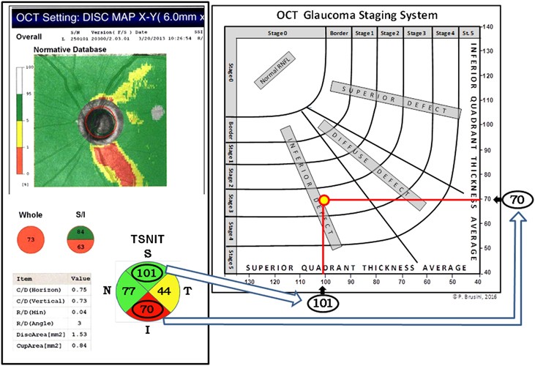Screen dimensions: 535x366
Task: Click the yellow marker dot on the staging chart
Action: tap(323, 200)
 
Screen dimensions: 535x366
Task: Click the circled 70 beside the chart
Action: tap(516, 199)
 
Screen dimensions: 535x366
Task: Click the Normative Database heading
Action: tap(69, 49)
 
